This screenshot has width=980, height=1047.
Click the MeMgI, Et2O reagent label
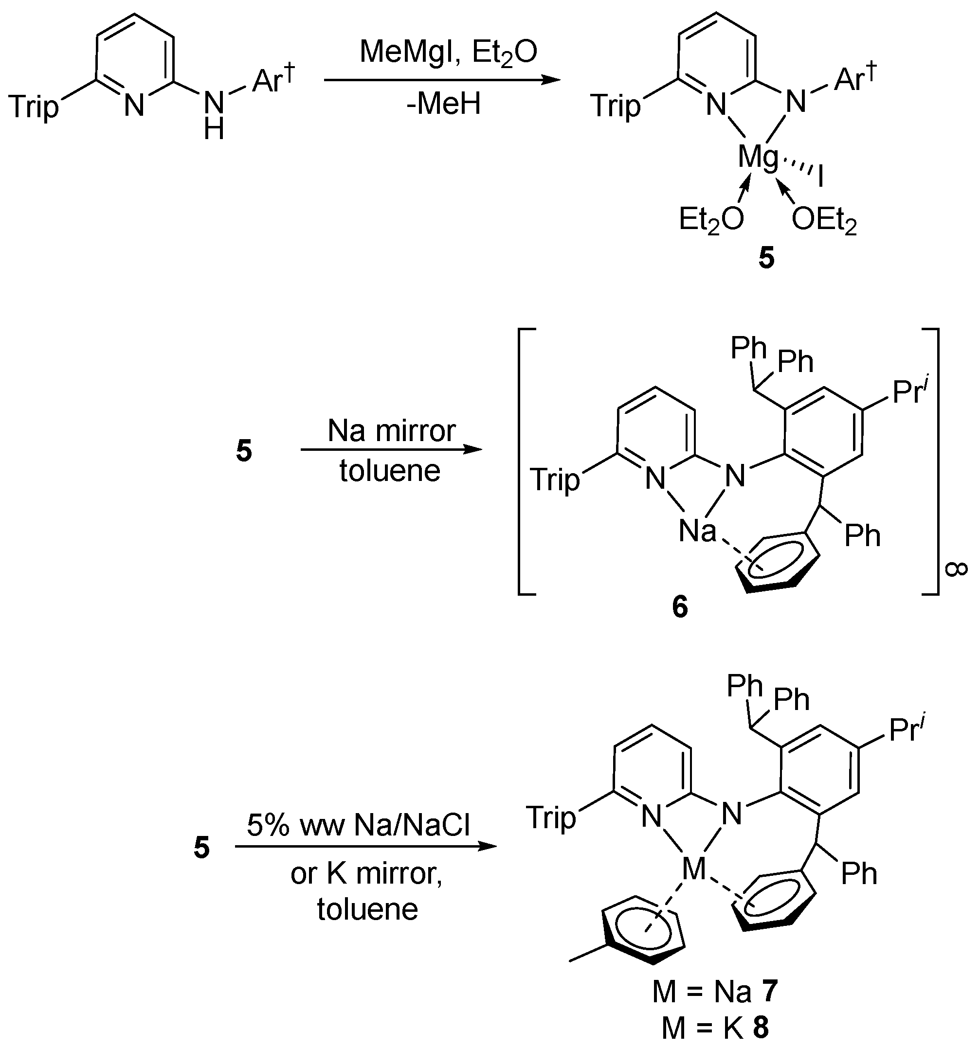click(x=448, y=53)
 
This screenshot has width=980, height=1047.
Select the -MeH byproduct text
click(x=443, y=104)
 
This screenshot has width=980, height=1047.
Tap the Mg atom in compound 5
click(x=758, y=158)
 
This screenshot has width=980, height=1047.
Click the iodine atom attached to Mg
click(x=820, y=178)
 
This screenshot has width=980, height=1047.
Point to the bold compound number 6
click(x=680, y=607)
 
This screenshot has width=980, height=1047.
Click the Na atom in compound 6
click(x=697, y=531)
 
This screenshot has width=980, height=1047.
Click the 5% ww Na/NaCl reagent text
click(x=358, y=825)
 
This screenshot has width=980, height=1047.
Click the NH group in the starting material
click(x=214, y=113)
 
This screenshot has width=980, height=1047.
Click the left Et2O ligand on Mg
click(x=711, y=220)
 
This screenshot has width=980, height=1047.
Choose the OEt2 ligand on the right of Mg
click(x=824, y=220)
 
